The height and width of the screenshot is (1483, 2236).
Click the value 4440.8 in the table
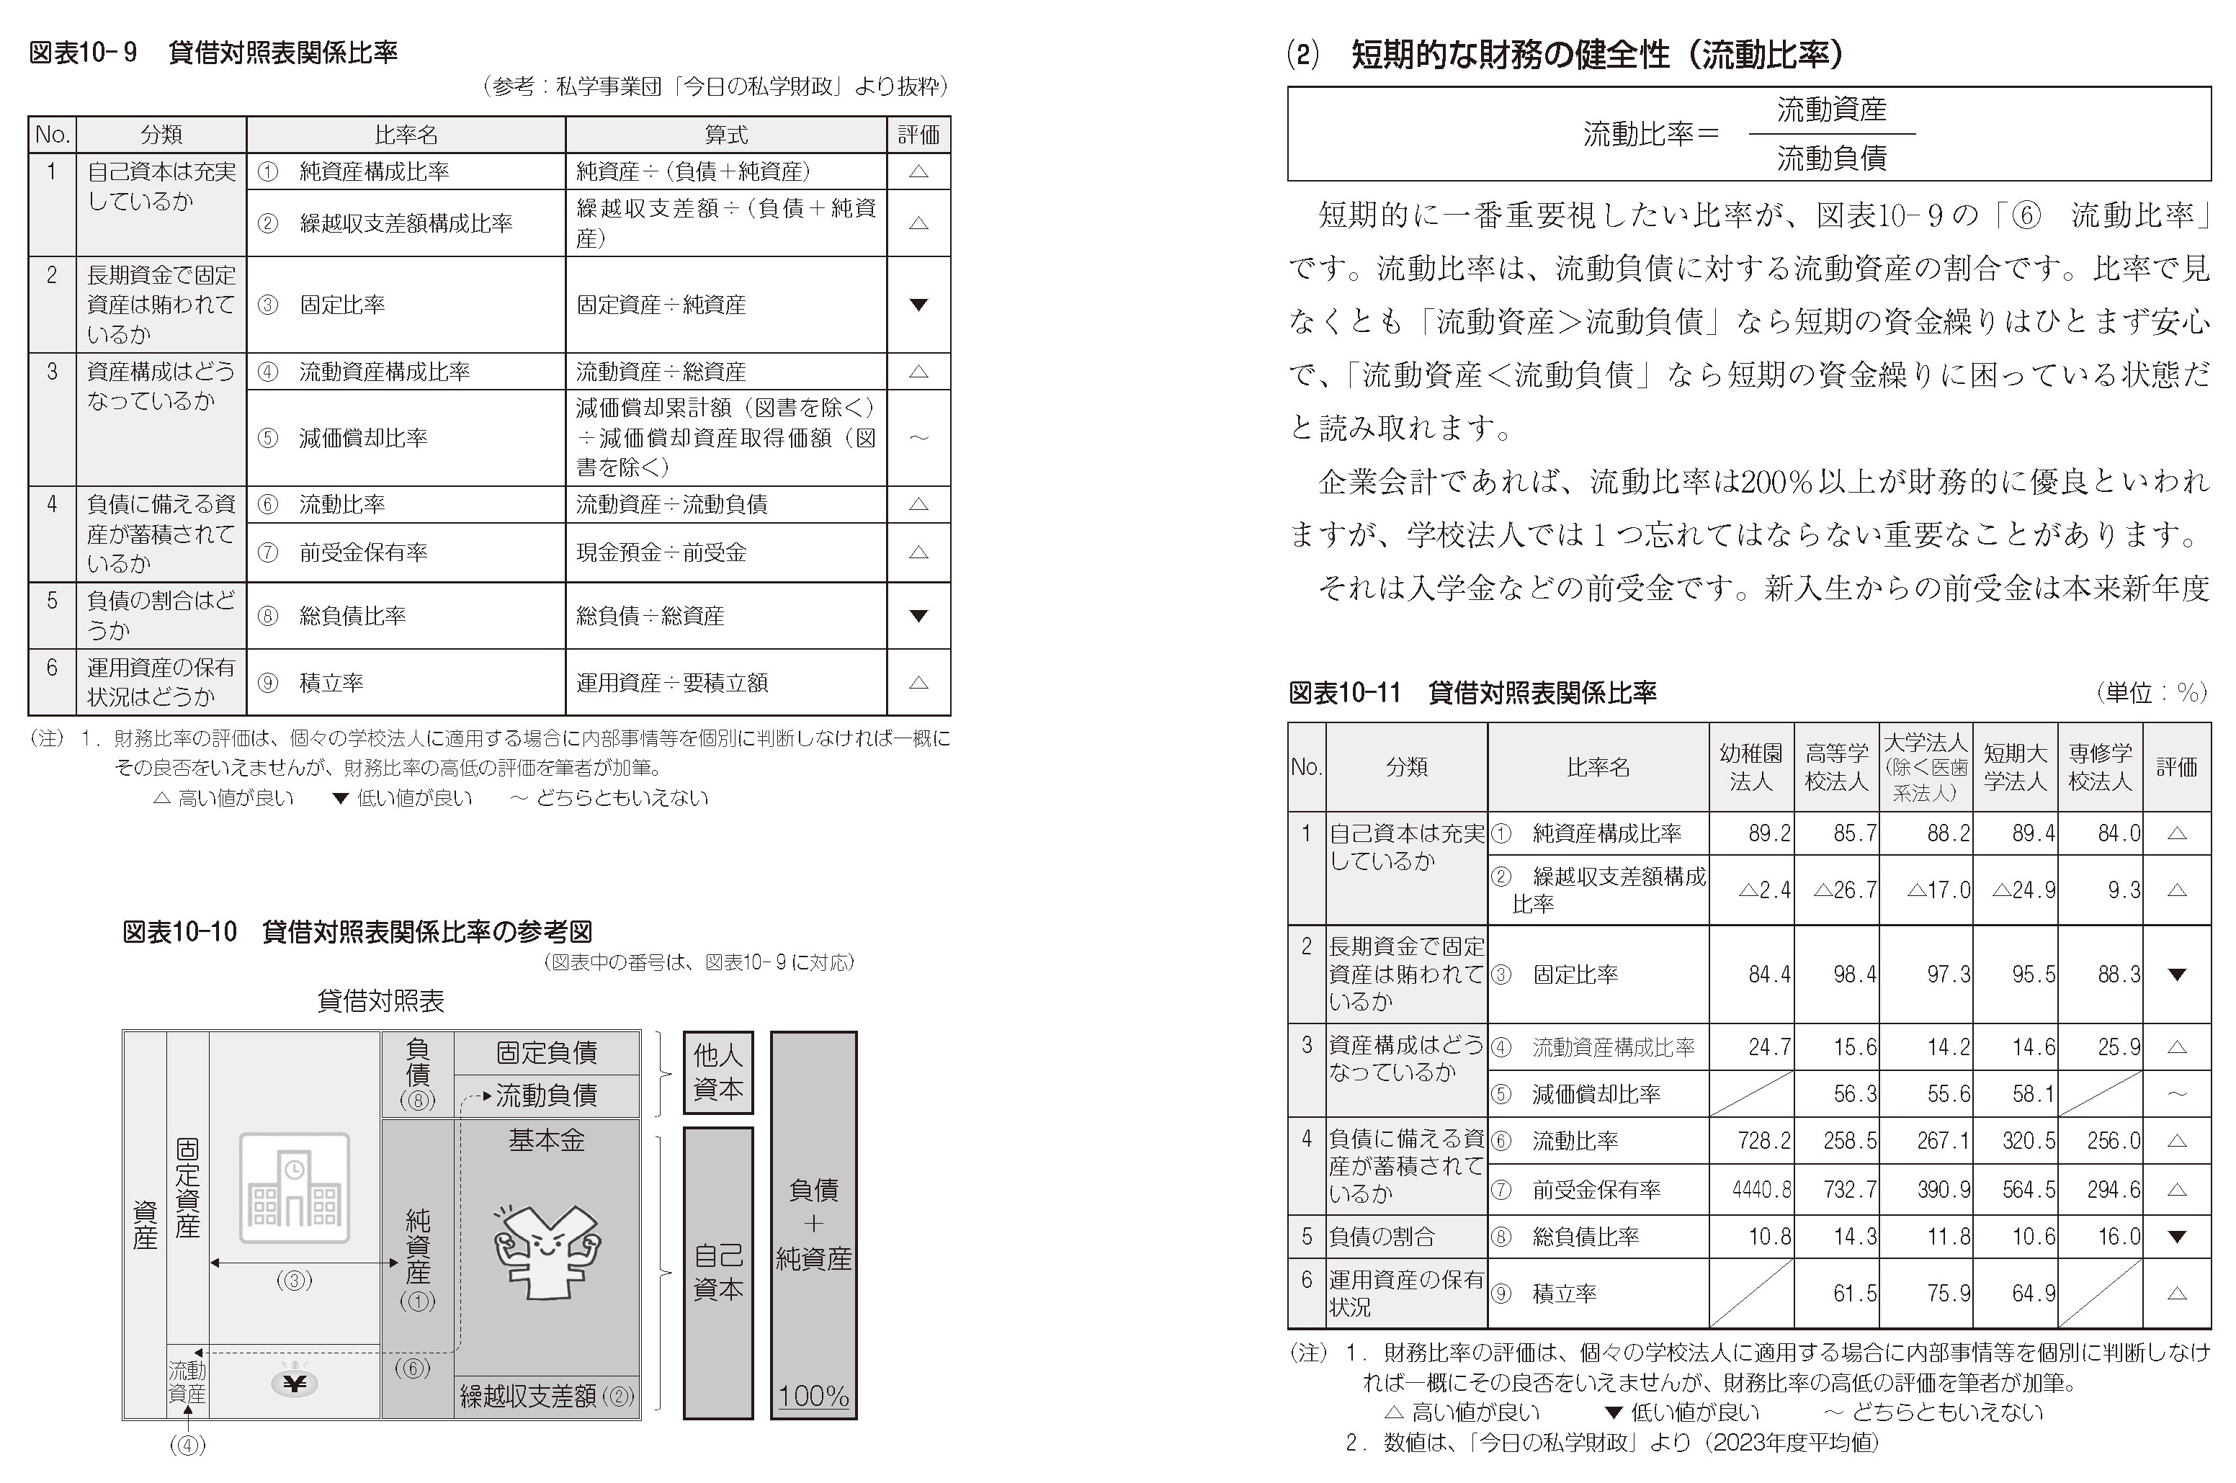[x=1761, y=1189]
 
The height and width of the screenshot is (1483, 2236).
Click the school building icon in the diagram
[x=294, y=1188]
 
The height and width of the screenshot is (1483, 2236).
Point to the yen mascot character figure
[x=547, y=1253]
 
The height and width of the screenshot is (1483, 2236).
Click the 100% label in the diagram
[x=813, y=1396]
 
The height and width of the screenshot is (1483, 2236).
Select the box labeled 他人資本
[x=718, y=1072]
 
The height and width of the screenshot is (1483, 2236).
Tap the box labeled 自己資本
[x=718, y=1272]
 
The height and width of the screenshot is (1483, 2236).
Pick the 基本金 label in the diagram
[x=547, y=1141]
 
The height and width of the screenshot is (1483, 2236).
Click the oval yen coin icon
[x=294, y=1384]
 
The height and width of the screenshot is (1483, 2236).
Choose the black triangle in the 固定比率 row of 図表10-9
[x=918, y=305]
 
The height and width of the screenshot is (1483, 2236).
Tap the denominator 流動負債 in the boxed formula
[x=1831, y=158]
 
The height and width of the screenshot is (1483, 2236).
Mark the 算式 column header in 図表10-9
[x=725, y=134]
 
